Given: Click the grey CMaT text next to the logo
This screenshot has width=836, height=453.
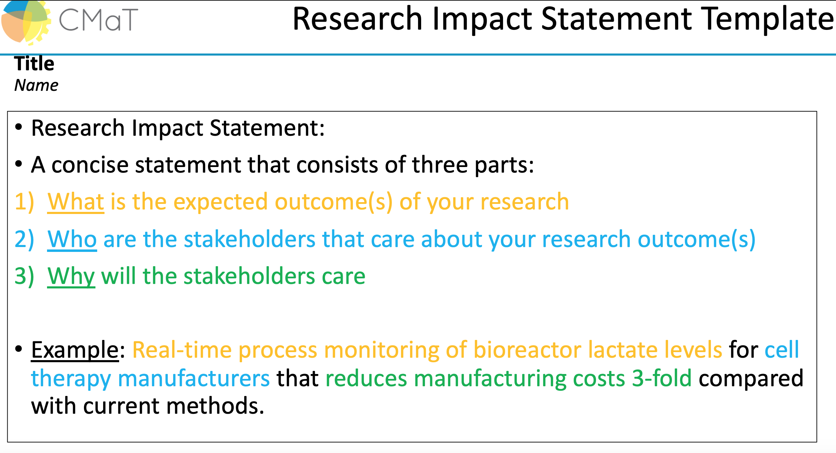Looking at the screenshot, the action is pyautogui.click(x=99, y=20).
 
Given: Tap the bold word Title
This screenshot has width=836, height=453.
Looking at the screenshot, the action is pyautogui.click(x=34, y=64).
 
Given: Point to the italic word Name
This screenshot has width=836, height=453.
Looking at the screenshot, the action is pyautogui.click(x=36, y=85).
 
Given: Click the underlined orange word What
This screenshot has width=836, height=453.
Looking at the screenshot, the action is pyautogui.click(x=76, y=202).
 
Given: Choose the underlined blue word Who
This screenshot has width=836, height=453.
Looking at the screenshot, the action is pyautogui.click(x=72, y=239).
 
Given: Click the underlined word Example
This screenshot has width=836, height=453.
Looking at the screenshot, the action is pyautogui.click(x=75, y=350).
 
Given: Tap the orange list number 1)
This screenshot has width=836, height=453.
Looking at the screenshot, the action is pyautogui.click(x=24, y=202).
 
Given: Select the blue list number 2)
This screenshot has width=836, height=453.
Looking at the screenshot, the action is pyautogui.click(x=24, y=239).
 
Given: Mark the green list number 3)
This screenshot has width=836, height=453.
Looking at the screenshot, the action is pyautogui.click(x=24, y=276).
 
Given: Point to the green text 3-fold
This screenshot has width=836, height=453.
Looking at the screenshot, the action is pyautogui.click(x=662, y=378).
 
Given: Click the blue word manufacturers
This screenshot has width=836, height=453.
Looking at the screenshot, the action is pyautogui.click(x=194, y=378).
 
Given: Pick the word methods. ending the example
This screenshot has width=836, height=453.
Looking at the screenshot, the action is pyautogui.click(x=215, y=406).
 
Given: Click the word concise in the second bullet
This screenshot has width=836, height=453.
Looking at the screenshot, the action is pyautogui.click(x=90, y=165).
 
